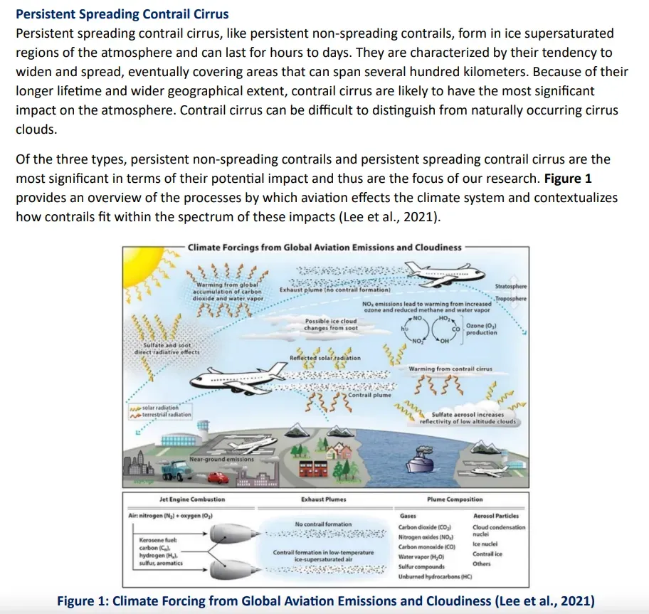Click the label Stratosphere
click(510, 285)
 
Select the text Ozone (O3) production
click(481, 329)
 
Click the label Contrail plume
click(369, 395)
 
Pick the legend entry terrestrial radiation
click(167, 415)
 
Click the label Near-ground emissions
click(221, 459)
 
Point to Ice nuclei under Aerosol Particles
click(485, 544)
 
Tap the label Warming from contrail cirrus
click(450, 369)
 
